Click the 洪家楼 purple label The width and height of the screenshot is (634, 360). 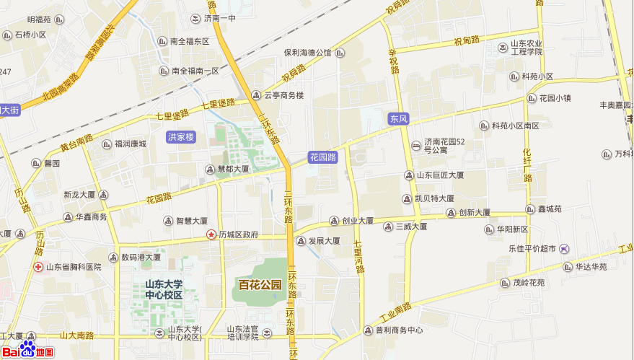tap(181, 136)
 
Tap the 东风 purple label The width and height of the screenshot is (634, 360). tap(398, 118)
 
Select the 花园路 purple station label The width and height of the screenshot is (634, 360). tap(323, 157)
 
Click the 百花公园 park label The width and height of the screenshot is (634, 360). tap(260, 285)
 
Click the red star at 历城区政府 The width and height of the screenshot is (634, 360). tap(211, 234)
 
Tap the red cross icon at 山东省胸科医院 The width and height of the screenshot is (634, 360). tap(38, 267)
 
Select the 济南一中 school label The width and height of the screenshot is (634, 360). tap(219, 18)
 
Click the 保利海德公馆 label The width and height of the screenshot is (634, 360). tap(307, 53)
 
